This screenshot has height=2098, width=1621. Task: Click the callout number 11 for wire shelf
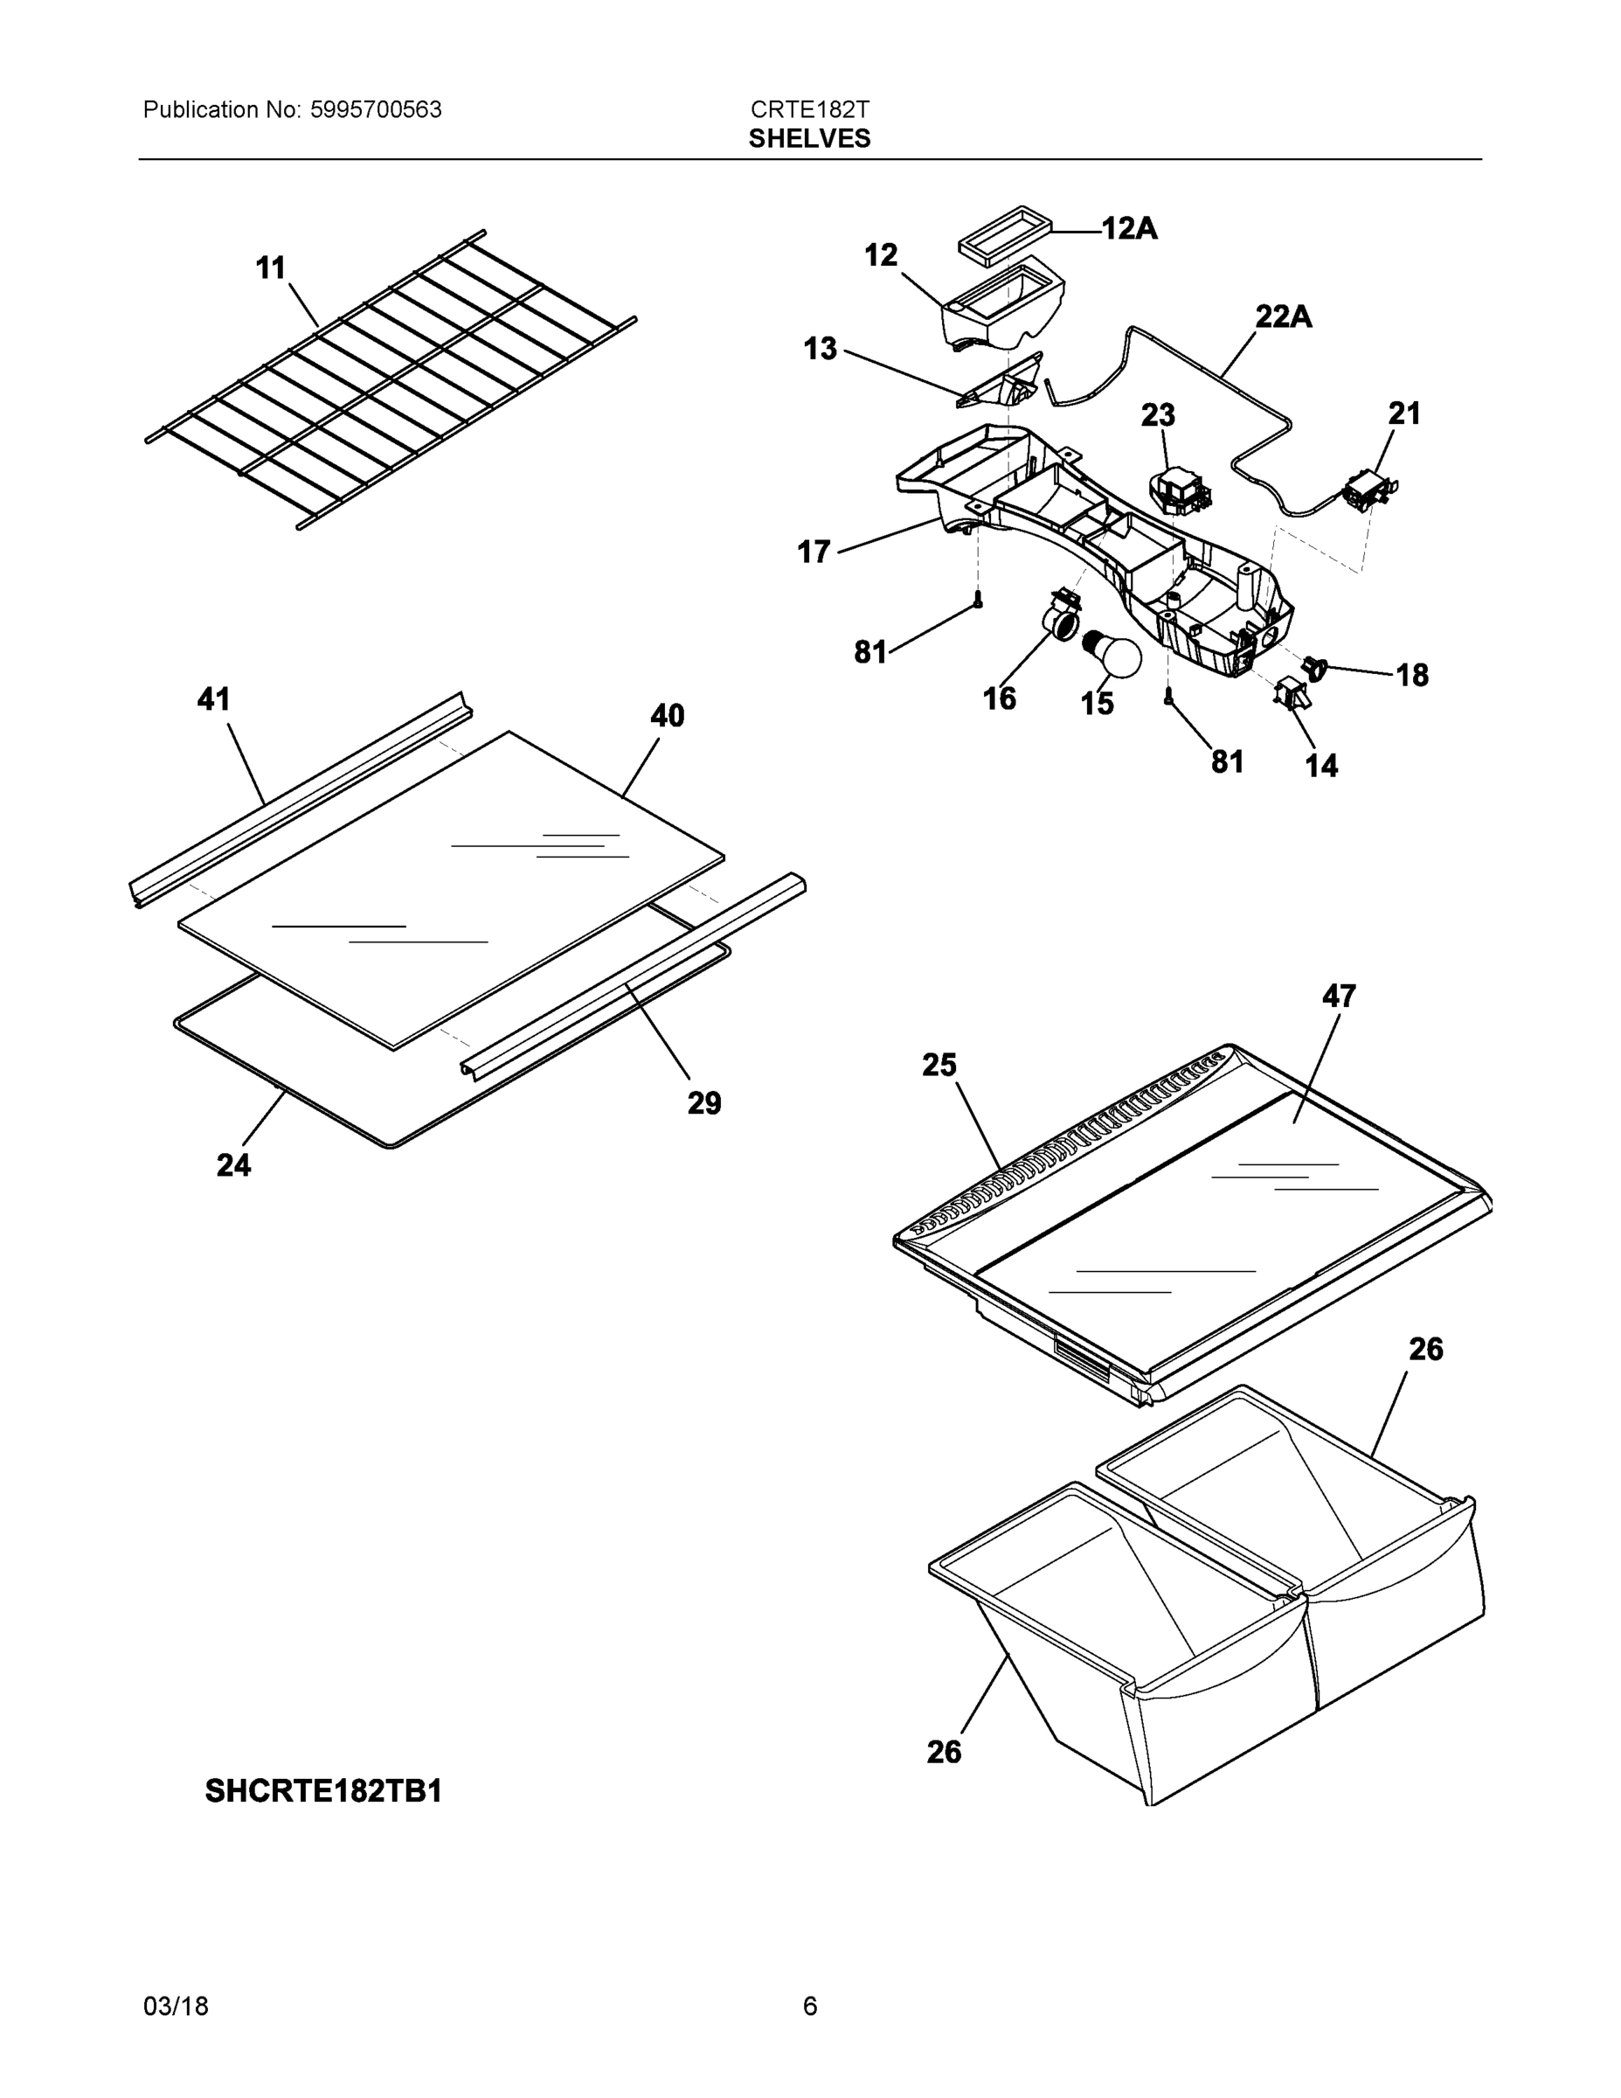click(x=271, y=268)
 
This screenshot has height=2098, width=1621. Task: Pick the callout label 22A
click(x=1283, y=316)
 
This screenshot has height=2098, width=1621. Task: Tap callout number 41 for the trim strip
click(x=213, y=699)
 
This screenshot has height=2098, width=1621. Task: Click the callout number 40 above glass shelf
click(x=668, y=716)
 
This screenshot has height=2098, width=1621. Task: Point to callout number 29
click(x=704, y=1103)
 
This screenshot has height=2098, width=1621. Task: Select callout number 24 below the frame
click(x=233, y=1164)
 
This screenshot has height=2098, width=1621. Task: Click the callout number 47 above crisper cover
click(x=1339, y=997)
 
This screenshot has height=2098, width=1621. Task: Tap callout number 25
click(x=939, y=1066)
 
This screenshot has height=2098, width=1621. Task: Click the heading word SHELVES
click(x=808, y=138)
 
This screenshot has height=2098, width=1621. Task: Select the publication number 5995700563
click(x=376, y=109)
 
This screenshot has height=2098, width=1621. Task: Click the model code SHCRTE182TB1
click(x=322, y=1791)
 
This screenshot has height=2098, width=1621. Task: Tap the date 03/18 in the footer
click(x=176, y=2006)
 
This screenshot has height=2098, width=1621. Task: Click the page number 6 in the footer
click(x=809, y=2006)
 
